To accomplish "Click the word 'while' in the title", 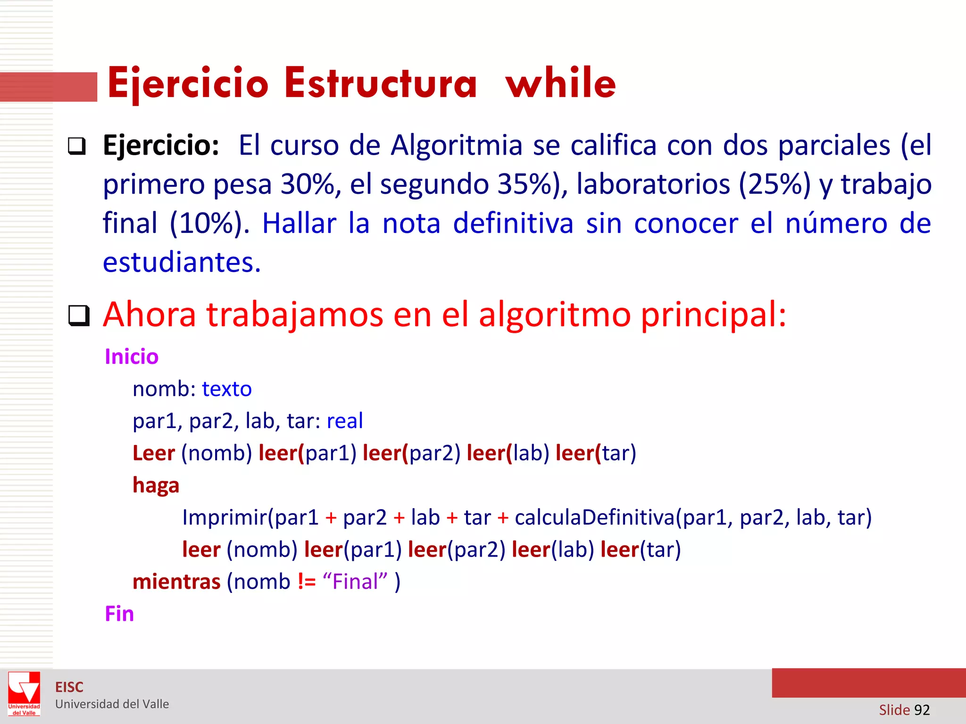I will click(x=560, y=83).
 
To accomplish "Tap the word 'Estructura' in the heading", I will click(x=381, y=83).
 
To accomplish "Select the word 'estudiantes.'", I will click(x=182, y=262).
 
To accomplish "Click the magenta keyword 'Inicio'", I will click(x=132, y=356).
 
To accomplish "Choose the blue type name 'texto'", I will click(x=227, y=389).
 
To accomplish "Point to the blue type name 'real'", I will click(x=345, y=420).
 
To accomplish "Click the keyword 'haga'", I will click(x=156, y=485).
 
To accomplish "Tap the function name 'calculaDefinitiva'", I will click(x=595, y=517).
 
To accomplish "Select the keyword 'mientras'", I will click(x=176, y=582).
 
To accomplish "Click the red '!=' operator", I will click(x=307, y=582).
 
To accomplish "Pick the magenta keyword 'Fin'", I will click(x=119, y=614).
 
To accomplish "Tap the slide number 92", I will click(x=922, y=709).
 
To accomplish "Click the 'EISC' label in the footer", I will click(x=69, y=687).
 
